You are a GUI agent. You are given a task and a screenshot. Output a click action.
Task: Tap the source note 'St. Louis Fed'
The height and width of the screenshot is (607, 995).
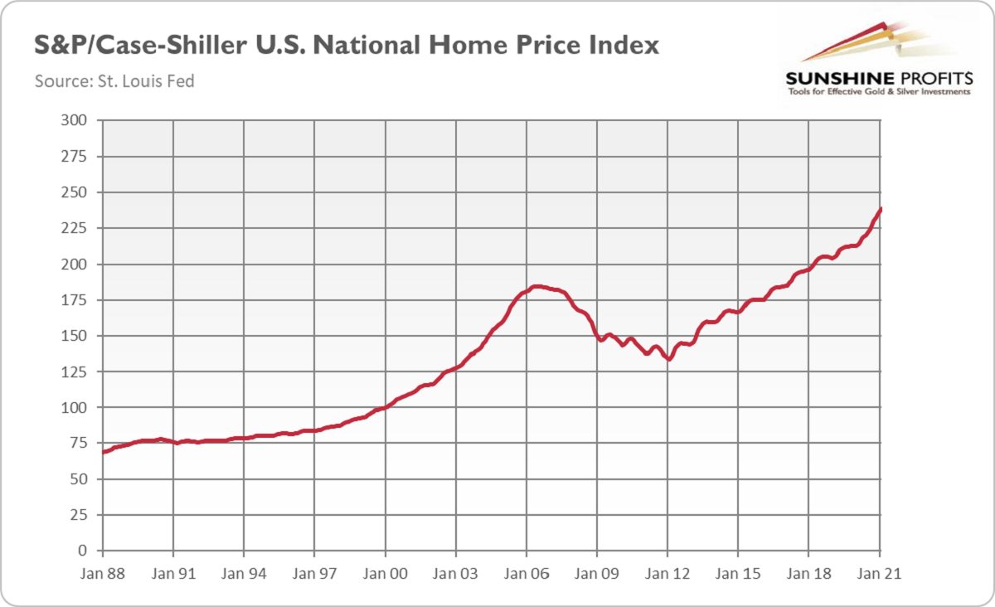(114, 81)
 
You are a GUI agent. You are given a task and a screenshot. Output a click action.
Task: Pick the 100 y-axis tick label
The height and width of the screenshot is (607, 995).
(75, 408)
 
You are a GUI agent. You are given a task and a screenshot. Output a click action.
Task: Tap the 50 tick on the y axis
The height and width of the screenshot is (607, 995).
(79, 479)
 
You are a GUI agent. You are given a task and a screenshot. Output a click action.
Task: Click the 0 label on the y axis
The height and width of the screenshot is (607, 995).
(82, 551)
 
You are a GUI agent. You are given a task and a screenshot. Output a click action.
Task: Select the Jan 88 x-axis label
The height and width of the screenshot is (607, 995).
(102, 573)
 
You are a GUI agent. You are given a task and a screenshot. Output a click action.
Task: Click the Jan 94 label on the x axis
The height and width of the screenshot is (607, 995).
(244, 573)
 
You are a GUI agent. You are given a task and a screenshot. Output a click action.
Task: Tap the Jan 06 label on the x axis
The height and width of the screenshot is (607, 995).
(527, 573)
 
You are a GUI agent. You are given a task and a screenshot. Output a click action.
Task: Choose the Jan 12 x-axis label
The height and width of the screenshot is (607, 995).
(668, 573)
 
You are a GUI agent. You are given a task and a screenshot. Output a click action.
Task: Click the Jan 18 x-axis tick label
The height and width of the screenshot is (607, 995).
(809, 573)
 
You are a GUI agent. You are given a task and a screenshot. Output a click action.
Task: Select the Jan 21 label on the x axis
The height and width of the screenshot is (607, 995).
(880, 573)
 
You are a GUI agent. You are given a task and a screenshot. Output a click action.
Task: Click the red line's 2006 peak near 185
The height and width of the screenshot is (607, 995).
(536, 286)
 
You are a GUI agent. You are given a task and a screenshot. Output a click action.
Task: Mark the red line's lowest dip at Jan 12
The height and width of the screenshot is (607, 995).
(668, 359)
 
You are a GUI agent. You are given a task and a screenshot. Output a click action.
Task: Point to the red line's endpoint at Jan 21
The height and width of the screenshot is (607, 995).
(880, 209)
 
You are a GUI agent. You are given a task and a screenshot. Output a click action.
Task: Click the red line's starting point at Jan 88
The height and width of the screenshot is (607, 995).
(103, 452)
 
